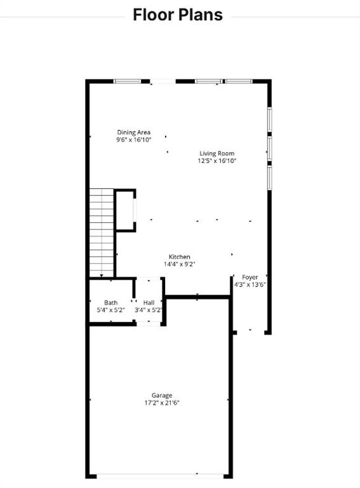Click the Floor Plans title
(178, 15)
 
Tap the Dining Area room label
(133, 132)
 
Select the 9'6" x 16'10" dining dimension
(133, 140)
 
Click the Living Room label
(217, 153)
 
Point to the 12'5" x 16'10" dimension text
(217, 161)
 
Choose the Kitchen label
(179, 257)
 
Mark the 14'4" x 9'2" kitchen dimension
(179, 264)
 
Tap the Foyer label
(250, 277)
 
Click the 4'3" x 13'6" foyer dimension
(250, 285)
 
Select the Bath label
(111, 302)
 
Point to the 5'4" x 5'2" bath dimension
(111, 310)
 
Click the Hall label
(149, 302)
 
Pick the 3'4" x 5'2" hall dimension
(149, 310)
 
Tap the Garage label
(161, 395)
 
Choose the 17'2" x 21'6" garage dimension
(161, 402)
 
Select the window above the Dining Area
(127, 81)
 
